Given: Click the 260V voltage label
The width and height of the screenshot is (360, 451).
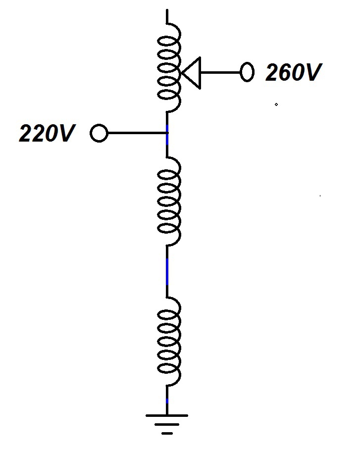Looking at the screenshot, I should [293, 73].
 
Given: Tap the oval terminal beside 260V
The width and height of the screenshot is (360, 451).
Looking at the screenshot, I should [246, 72].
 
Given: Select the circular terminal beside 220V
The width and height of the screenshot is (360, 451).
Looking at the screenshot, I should [99, 133].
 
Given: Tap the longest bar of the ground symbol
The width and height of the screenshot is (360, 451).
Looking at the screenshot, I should [167, 415].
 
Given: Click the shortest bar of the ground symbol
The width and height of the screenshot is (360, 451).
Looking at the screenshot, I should [167, 434].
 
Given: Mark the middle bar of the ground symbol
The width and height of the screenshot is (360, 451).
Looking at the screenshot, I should [167, 425].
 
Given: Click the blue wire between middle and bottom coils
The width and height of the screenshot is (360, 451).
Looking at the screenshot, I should [167, 271].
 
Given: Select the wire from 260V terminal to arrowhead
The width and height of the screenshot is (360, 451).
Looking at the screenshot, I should [220, 73].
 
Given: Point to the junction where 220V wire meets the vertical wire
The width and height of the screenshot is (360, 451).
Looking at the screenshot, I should [167, 133].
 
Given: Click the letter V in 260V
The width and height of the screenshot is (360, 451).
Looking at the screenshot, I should [313, 73].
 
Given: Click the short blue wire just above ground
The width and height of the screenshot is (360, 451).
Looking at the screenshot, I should [167, 400].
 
